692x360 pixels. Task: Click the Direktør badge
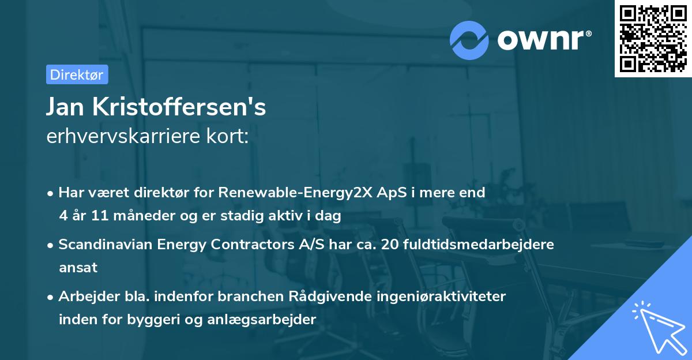pos(77,74)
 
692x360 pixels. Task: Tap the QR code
pos(653,39)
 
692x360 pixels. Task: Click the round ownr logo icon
pos(469,40)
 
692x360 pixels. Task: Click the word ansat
pos(78,268)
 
